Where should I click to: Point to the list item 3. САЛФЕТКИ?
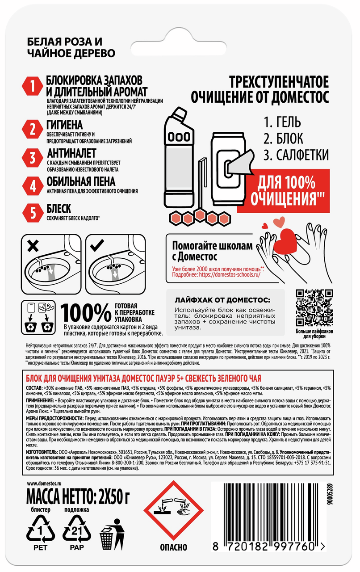[x=296, y=155]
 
